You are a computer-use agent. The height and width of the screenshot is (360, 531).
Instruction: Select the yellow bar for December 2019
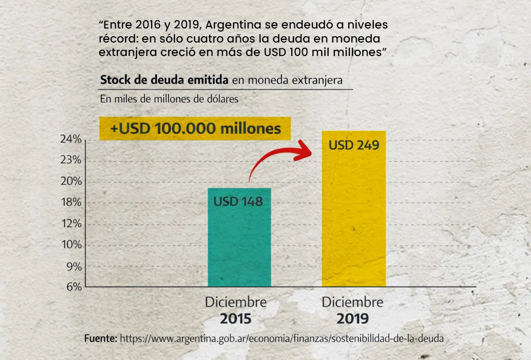353,218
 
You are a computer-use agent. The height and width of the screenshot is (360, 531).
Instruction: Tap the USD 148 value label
238,201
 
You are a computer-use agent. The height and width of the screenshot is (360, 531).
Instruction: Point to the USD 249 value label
353,145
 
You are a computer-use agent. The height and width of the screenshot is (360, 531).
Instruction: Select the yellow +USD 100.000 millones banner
195,129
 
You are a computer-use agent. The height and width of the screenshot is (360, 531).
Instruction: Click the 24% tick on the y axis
70,139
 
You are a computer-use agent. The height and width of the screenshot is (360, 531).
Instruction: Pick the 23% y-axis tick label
70,160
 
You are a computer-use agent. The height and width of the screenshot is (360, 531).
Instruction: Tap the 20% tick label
70,182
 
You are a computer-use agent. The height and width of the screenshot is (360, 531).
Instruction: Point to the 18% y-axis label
70,203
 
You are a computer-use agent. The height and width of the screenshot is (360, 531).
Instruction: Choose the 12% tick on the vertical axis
70,224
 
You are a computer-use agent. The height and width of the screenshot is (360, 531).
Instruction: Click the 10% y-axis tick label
70,245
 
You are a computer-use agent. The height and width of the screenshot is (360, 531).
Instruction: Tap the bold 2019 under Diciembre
352,318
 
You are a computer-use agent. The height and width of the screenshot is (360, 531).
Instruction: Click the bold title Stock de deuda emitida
164,80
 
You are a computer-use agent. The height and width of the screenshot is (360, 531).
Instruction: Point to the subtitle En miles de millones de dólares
169,99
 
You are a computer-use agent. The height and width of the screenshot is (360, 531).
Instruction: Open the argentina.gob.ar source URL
282,338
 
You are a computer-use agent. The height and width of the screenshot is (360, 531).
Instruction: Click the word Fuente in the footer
101,338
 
